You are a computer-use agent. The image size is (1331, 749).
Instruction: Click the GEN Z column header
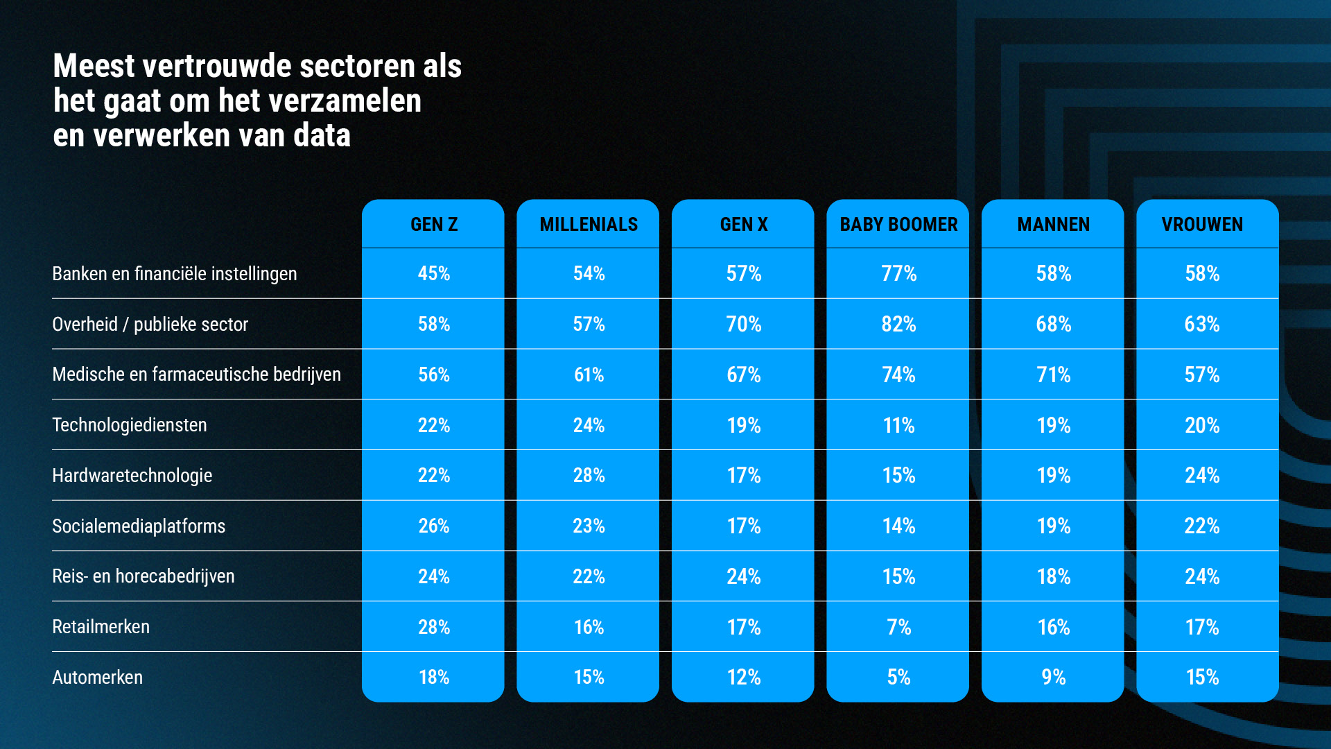(x=434, y=225)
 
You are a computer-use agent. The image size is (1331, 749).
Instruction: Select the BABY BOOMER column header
(x=898, y=225)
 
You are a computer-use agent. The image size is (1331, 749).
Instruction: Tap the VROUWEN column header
(x=1202, y=225)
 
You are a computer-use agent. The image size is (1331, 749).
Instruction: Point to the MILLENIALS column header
(x=589, y=225)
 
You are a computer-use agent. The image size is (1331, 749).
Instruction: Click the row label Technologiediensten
(x=130, y=425)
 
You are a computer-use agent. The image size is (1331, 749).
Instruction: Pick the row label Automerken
(x=98, y=678)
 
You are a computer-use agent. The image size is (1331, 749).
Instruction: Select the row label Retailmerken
(x=101, y=627)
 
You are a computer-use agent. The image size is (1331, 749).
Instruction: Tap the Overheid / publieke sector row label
(x=150, y=325)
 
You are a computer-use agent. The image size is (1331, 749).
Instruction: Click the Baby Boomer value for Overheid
(x=898, y=325)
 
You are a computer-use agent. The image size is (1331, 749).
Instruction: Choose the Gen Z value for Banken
(x=434, y=274)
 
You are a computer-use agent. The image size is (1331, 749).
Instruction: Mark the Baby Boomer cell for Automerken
(x=898, y=678)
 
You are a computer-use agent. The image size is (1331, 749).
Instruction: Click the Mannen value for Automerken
(x=1053, y=678)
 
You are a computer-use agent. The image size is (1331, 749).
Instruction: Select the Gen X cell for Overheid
(x=744, y=325)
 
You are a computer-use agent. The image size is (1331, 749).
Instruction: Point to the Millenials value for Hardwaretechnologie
(x=589, y=476)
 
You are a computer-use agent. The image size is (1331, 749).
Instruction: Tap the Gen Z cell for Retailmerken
(x=434, y=627)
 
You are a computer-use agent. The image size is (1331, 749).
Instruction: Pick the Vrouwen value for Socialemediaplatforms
(x=1202, y=526)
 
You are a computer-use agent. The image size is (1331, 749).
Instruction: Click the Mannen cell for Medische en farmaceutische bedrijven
(x=1053, y=375)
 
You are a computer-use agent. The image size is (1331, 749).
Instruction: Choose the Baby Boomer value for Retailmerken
(x=898, y=627)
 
